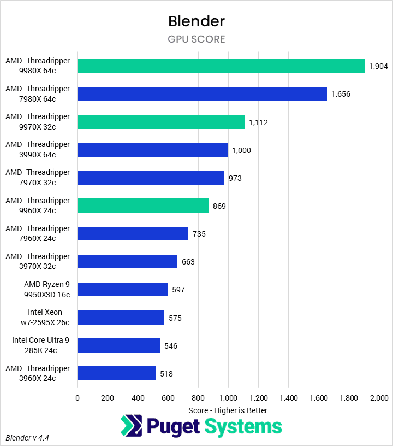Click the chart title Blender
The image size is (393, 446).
[x=196, y=21]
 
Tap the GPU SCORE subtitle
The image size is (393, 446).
[x=196, y=39]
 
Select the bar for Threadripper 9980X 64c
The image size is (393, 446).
[x=221, y=66]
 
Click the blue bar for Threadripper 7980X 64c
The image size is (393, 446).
[x=202, y=94]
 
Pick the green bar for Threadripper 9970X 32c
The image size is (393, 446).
[x=161, y=122]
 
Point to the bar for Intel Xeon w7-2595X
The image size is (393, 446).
[x=121, y=318]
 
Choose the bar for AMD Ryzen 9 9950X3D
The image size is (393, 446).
[x=122, y=290]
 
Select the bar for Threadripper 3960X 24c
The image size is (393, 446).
[x=116, y=373]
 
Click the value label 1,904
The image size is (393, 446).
[x=378, y=66]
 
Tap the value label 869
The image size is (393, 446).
[x=219, y=206]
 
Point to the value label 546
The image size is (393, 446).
[x=171, y=345]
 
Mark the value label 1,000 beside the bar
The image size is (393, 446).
[x=242, y=150]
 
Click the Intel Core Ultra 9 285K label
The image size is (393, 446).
[x=41, y=345]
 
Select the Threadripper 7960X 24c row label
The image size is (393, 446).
[x=38, y=233]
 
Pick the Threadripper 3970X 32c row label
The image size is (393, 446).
[x=38, y=261]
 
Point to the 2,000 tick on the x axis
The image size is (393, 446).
[x=379, y=398]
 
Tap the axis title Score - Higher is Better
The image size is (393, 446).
[x=228, y=410]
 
